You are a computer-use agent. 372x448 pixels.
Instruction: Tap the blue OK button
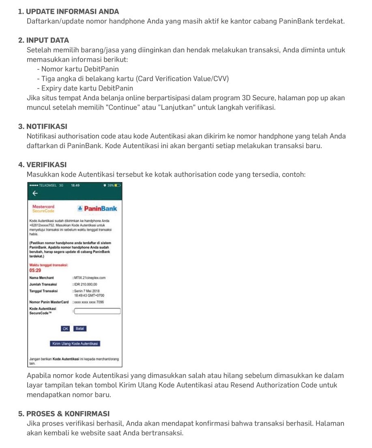(65, 329)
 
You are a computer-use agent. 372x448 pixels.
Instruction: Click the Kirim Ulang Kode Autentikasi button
(75, 344)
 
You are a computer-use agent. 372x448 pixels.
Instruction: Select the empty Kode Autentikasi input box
(97, 311)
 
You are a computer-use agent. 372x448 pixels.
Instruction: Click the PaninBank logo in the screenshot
(97, 209)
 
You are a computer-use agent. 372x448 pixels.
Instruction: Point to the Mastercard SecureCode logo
(43, 209)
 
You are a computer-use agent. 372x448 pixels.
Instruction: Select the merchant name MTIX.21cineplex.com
(89, 278)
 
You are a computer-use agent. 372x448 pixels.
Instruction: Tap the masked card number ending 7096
(88, 302)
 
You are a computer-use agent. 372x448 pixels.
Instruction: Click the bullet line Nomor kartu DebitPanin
(77, 69)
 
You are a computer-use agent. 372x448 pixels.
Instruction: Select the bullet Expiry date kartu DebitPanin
(84, 88)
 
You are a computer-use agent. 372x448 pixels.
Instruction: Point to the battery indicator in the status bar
(117, 185)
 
